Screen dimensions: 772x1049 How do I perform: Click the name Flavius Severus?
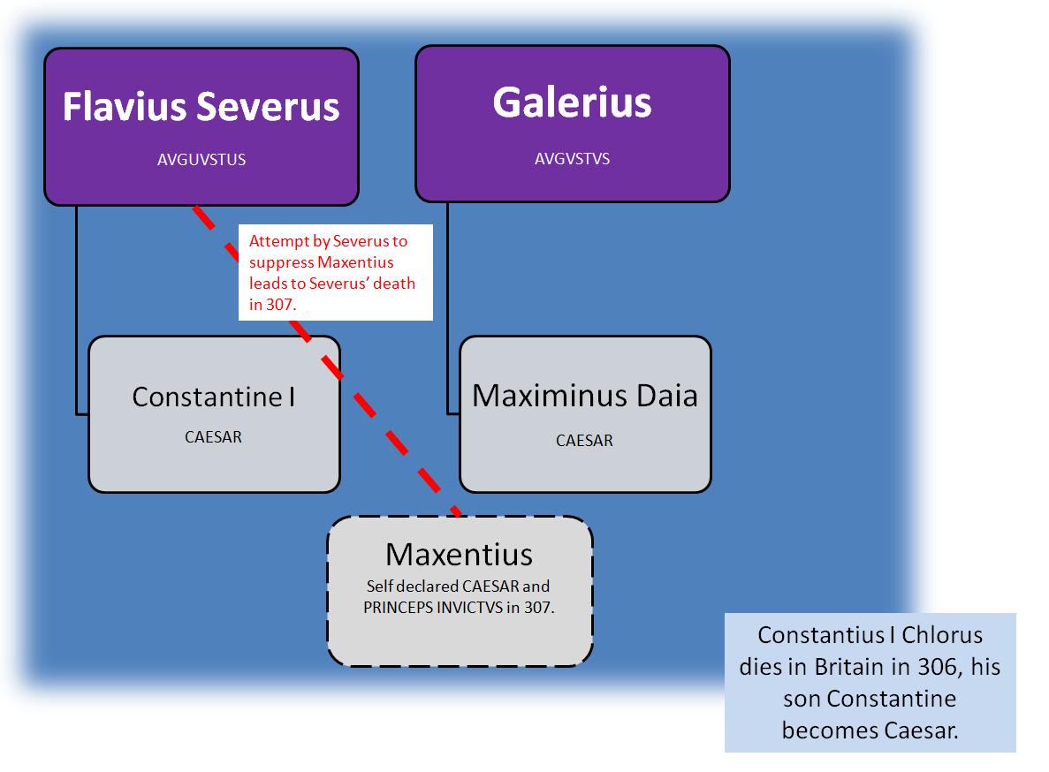pos(201,107)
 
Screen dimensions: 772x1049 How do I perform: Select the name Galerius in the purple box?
pos(572,102)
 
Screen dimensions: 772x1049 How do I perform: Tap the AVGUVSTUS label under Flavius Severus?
pos(201,160)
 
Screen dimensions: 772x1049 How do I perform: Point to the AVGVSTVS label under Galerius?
pos(572,160)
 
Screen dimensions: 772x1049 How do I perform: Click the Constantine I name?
pos(213,397)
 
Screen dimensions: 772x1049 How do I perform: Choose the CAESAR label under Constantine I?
pos(213,436)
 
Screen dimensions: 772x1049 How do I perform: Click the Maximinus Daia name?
pos(584,395)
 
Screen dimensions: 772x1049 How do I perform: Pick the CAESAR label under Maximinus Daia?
pos(584,440)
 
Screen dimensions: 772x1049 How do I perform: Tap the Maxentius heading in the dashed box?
pos(459,554)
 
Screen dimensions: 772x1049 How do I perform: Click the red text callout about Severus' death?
pos(335,272)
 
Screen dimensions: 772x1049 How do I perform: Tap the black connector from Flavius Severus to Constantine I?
pos(77,309)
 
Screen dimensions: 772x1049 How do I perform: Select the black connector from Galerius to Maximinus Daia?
pos(448,309)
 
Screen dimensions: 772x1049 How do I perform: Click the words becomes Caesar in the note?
pos(870,730)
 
